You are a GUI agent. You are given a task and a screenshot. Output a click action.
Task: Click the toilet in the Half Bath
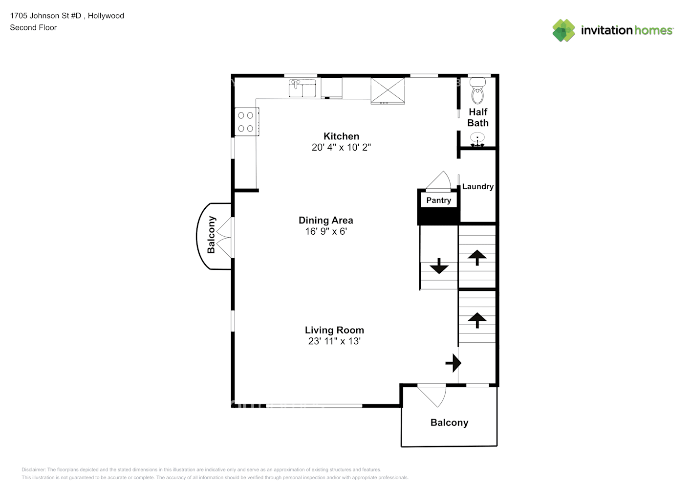point(477,90)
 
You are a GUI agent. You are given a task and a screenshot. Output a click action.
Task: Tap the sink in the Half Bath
point(477,139)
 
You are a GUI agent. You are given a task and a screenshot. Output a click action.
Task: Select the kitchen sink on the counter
point(302,89)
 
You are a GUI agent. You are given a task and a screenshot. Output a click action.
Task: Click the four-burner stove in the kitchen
point(246,122)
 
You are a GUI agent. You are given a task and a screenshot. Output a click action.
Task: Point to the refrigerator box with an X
point(388,91)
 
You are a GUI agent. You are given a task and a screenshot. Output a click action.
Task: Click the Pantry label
point(439,200)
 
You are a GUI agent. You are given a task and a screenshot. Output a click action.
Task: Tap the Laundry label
point(478,186)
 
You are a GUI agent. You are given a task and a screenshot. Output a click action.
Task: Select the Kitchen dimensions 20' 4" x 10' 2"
point(341,147)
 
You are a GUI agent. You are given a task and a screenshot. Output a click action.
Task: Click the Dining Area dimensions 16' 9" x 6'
point(326,231)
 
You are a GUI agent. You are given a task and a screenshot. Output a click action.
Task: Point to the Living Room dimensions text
point(334,341)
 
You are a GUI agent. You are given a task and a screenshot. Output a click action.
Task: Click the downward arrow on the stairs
point(439,266)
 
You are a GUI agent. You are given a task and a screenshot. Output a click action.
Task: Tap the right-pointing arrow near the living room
point(453,363)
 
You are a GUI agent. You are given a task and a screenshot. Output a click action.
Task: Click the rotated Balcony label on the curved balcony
point(211,235)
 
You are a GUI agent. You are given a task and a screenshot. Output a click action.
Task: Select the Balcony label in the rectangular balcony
point(450,422)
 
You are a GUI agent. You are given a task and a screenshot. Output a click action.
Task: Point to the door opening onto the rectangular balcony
point(432,396)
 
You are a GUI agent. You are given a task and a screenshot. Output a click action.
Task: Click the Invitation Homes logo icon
point(563,30)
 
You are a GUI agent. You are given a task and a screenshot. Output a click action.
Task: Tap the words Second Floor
point(33,27)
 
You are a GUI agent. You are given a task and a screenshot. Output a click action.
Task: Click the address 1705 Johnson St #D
point(45,16)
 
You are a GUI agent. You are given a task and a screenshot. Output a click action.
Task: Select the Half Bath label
point(478,117)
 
